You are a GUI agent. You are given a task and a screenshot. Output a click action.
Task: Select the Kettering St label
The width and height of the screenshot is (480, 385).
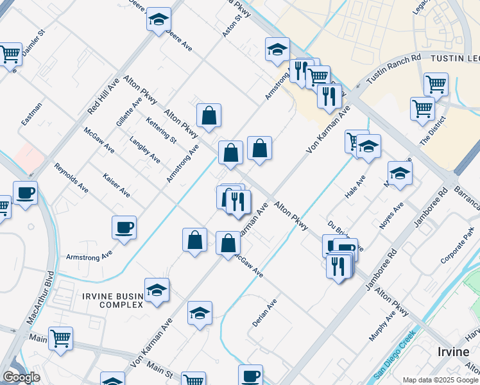pos(160,130)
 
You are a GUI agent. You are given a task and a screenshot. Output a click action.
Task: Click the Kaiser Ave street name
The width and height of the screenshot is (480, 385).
pos(116,185)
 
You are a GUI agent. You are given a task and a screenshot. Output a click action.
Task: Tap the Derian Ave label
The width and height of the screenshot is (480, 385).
pos(264,313)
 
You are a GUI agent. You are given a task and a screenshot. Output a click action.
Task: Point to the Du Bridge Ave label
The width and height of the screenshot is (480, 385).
pos(345,235)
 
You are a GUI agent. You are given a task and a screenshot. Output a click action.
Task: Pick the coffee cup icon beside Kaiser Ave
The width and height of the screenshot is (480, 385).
pos(124,227)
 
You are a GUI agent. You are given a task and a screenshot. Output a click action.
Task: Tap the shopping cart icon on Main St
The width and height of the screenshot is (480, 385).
pos(60,338)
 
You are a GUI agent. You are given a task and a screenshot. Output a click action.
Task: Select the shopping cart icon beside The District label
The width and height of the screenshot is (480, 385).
pos(422,108)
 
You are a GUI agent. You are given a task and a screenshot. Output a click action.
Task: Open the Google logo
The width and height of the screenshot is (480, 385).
pos(21,377)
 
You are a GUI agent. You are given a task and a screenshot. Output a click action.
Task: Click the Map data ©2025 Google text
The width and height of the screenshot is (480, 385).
pos(440,380)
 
